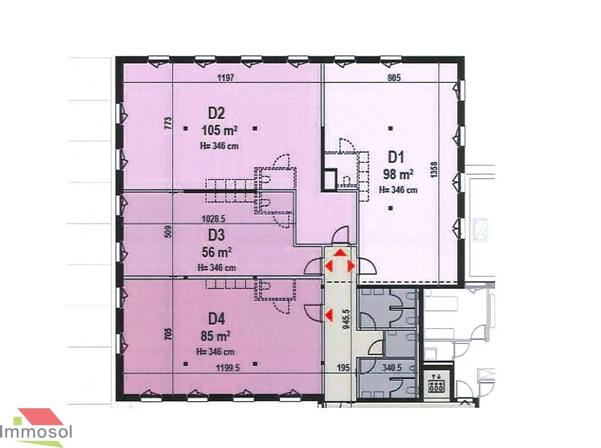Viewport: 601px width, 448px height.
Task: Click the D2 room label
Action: pos(216,113)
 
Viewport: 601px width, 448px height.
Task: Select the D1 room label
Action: pos(396,157)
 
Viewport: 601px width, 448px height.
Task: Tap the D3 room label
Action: pos(216,235)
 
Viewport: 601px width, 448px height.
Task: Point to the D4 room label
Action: pos(216,319)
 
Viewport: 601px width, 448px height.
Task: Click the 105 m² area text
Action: pos(220,130)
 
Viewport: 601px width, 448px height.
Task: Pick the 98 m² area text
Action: pos(398,174)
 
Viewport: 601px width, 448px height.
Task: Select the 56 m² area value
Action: pos(217,252)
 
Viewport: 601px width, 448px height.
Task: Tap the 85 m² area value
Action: pos(215,336)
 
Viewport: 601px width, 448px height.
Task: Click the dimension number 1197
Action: pos(225,78)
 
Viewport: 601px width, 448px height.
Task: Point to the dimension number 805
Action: pos(394,78)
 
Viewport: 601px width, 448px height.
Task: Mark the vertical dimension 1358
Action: pos(434,170)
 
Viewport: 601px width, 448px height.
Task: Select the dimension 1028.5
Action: pos(214,219)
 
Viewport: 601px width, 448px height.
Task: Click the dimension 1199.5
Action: pos(228,368)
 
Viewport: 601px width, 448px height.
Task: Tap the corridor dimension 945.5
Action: pos(346,319)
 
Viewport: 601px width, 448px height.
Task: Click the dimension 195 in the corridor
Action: pos(343,368)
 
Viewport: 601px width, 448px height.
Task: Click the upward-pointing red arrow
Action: pos(340,253)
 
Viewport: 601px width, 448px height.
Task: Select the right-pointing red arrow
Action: pos(351,266)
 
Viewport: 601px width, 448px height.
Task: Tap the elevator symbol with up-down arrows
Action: pos(436,383)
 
